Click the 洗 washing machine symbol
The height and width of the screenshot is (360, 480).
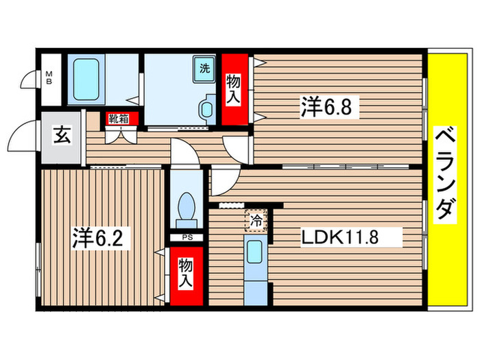204,68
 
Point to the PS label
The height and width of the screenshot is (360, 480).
186,239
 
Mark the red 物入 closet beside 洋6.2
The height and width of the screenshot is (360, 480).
186,273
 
